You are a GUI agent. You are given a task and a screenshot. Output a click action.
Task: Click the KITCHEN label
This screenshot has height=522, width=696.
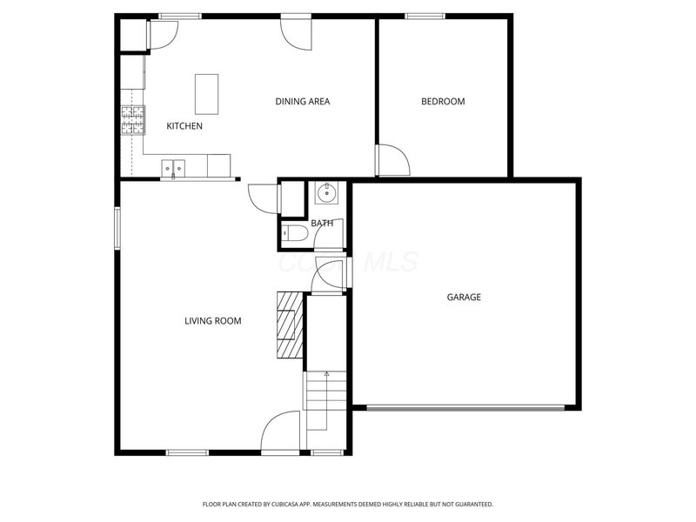(x=184, y=126)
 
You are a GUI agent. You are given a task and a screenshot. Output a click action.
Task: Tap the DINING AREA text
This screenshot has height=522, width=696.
(x=302, y=102)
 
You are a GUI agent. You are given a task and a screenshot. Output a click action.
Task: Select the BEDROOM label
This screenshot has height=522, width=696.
(x=443, y=102)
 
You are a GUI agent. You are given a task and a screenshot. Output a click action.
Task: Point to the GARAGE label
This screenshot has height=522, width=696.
(x=464, y=298)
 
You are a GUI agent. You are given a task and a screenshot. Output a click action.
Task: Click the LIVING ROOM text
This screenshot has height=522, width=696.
(x=212, y=321)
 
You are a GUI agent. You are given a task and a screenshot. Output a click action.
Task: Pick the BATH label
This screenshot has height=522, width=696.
(x=322, y=224)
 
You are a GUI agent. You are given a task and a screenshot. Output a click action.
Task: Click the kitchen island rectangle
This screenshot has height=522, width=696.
(x=206, y=94)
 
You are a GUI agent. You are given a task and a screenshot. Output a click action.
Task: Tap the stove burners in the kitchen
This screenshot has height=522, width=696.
(x=132, y=120)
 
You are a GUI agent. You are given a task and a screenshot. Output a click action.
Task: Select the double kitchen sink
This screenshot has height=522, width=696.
(x=173, y=165)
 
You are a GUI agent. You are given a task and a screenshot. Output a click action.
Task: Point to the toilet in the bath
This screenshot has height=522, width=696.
(x=292, y=233)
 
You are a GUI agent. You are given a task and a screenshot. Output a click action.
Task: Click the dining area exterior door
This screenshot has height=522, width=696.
(x=297, y=31)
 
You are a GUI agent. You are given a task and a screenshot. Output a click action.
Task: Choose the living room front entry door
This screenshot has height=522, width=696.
(x=281, y=432)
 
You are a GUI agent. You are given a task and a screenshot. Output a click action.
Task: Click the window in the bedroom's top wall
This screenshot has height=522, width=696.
(x=425, y=16)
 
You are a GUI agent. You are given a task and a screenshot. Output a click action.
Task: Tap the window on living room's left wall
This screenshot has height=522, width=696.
(x=117, y=228)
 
